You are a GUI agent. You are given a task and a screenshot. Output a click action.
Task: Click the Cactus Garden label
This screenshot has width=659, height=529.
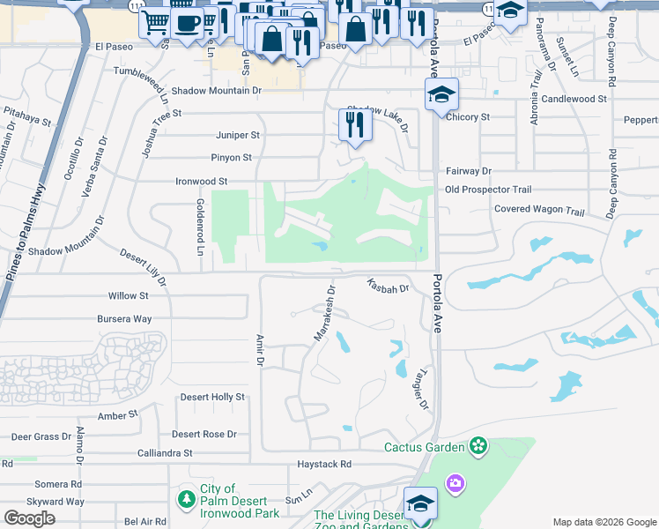coord(424,447)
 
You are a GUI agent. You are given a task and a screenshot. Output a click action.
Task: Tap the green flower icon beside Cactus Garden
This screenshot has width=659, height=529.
coord(478,447)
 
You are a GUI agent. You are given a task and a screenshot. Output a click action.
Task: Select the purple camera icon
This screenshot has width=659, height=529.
coord(455,482)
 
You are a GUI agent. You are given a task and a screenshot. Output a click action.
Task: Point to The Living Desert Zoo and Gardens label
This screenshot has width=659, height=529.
coord(361,521)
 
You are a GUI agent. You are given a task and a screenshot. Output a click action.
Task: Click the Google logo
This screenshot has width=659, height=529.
coord(29,518)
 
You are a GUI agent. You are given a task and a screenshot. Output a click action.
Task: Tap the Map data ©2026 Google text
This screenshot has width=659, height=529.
coord(603,521)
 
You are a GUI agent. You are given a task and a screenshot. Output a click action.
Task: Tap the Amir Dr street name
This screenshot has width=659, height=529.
coord(260,349)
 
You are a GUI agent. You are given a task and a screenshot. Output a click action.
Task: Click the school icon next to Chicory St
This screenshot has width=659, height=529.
coord(441,95)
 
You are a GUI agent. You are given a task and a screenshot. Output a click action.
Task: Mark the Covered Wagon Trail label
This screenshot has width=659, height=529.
coord(539,211)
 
